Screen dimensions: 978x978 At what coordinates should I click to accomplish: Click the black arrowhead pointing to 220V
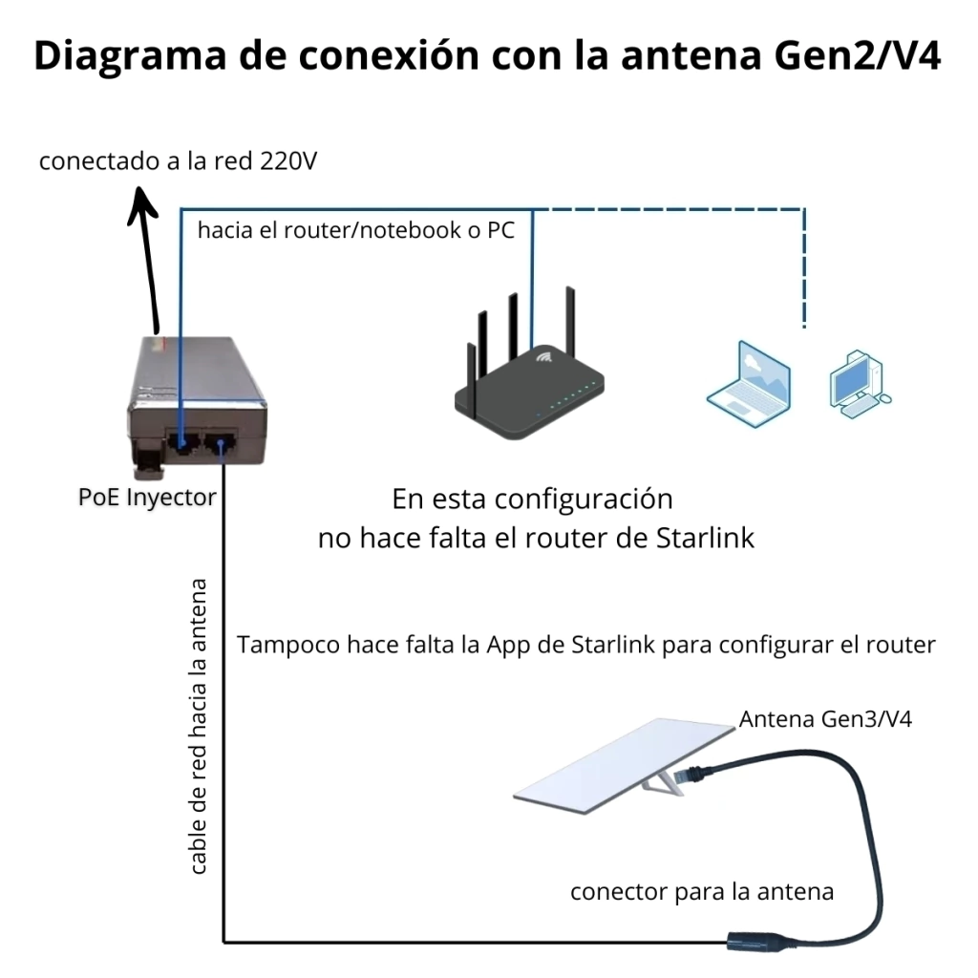143,202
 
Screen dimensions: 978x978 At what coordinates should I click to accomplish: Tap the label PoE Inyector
147,498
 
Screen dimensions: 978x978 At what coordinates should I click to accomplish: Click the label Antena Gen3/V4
825,719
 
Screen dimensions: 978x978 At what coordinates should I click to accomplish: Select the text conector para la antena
702,891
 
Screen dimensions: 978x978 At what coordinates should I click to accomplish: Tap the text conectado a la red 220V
178,161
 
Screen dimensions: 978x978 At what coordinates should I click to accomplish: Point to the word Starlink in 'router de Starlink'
706,538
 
